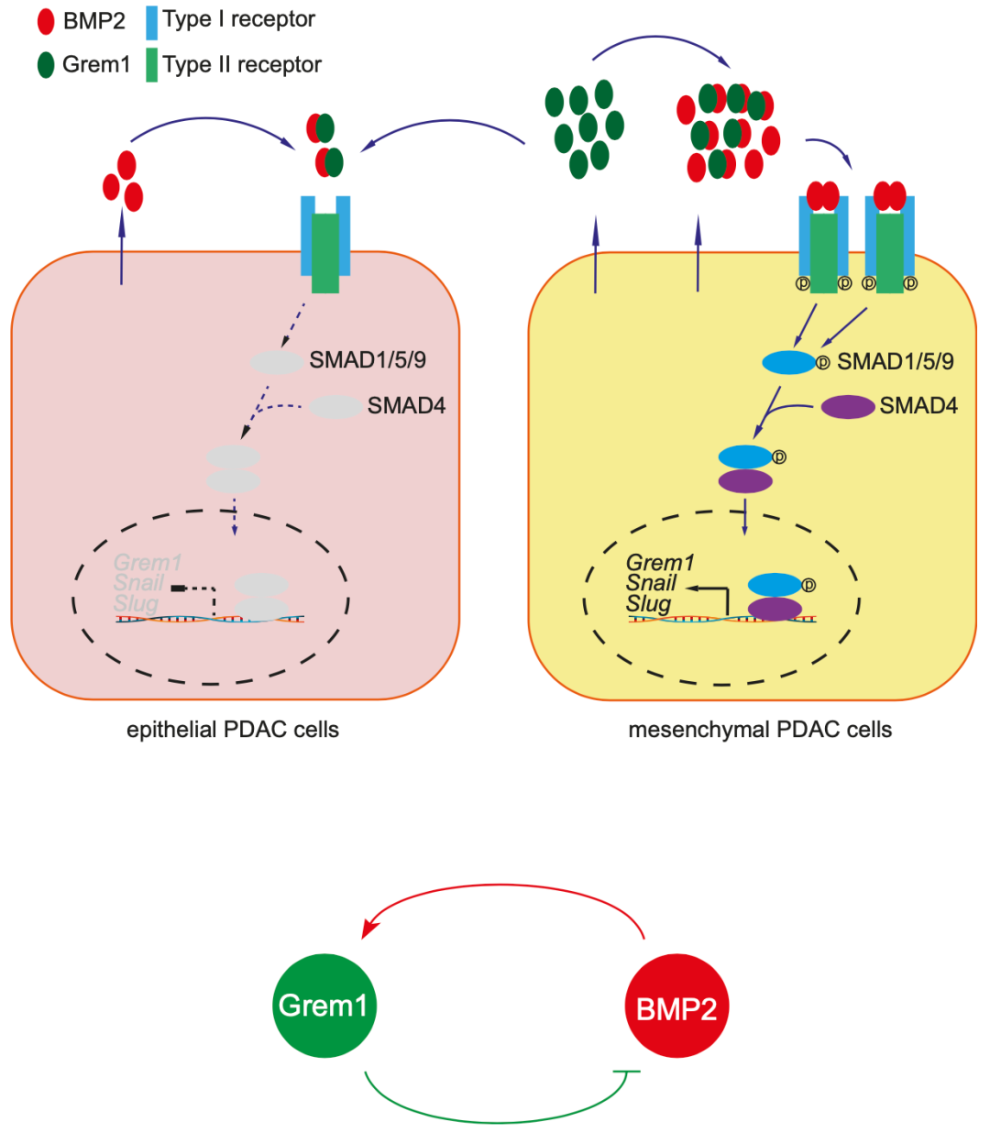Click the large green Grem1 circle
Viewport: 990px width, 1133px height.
coord(324,1006)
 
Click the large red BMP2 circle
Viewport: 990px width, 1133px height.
coord(676,1007)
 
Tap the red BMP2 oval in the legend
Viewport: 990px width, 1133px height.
coord(46,21)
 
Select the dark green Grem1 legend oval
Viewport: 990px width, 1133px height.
coord(46,64)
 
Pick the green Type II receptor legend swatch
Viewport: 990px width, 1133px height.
coord(152,64)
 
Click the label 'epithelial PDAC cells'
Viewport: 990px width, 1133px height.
coord(233,730)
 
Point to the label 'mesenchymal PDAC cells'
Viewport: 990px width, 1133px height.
coord(760,730)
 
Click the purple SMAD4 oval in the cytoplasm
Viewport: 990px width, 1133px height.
coord(847,406)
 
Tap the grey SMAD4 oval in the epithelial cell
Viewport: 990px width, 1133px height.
coord(335,406)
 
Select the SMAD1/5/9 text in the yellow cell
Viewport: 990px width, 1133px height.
coord(895,361)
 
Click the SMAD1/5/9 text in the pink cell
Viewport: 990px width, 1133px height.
coord(367,359)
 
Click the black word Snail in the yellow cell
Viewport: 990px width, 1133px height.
coord(651,583)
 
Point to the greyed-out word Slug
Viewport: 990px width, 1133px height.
coord(136,604)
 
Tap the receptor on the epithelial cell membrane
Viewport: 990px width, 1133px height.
coord(325,244)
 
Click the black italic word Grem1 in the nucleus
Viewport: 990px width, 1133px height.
coord(660,562)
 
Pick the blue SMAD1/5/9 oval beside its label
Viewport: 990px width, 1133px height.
coord(788,362)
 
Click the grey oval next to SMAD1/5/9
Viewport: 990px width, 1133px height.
coord(277,362)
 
